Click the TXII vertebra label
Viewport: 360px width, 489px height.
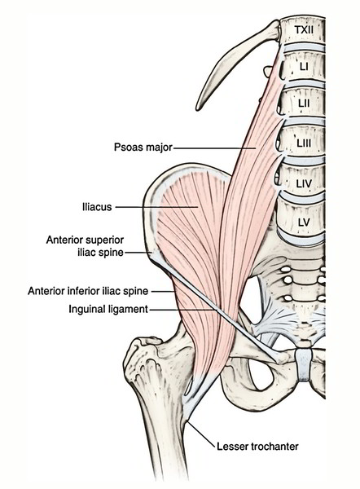point(304,30)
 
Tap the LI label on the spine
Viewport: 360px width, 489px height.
point(304,67)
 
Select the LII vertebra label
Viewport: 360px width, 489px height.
point(304,103)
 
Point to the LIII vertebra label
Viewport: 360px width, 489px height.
point(304,143)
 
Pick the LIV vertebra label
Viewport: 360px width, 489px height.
point(304,183)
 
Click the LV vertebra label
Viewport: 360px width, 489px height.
point(304,222)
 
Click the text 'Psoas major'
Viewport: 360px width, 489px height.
point(143,148)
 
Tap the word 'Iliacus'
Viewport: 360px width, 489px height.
point(97,207)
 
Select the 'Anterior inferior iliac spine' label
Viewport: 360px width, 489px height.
point(88,291)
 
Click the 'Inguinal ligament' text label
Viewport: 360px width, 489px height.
point(108,310)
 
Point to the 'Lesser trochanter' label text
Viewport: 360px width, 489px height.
point(257,447)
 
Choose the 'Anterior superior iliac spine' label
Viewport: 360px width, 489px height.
point(85,246)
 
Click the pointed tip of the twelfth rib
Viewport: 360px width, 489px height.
point(198,108)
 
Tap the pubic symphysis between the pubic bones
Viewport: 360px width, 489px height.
point(303,364)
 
